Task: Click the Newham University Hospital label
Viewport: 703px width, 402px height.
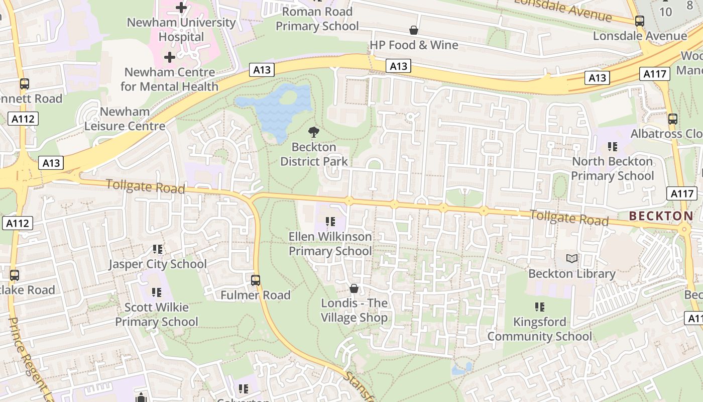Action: click(x=181, y=30)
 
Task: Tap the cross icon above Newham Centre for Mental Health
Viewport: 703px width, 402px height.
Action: click(x=170, y=57)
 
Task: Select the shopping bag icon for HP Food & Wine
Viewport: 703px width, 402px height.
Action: click(x=414, y=31)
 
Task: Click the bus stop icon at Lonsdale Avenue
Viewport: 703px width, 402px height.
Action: click(x=639, y=21)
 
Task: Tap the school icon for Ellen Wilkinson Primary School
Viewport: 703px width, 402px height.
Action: click(x=330, y=222)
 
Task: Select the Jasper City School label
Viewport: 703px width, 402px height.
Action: click(x=158, y=264)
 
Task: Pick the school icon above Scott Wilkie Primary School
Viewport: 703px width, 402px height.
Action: click(x=157, y=292)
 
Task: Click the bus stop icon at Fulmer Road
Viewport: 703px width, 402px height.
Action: click(x=256, y=280)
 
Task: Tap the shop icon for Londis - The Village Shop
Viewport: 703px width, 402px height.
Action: click(x=354, y=288)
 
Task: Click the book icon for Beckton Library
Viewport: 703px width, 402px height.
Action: click(x=571, y=259)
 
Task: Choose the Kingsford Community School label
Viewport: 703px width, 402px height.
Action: click(x=539, y=329)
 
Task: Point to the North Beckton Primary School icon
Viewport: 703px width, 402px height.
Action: click(x=612, y=147)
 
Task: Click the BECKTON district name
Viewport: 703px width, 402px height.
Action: click(x=661, y=216)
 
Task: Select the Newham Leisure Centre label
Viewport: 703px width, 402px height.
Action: click(x=125, y=119)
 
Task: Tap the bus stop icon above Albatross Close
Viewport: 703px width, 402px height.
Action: click(x=672, y=119)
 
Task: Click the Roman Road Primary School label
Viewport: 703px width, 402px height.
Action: click(x=317, y=19)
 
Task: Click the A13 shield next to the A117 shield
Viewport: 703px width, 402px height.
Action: click(x=597, y=78)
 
